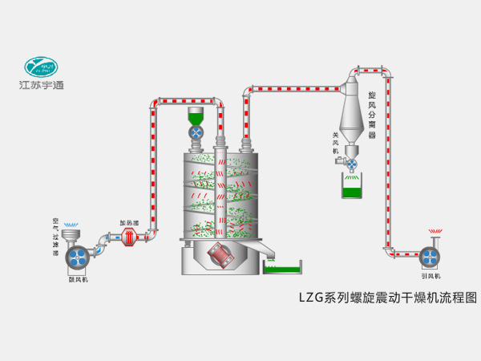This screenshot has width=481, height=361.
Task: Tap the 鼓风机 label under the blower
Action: tap(79, 280)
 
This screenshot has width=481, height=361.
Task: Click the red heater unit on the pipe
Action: tap(130, 236)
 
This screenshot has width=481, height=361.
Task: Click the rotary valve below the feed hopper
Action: tap(197, 133)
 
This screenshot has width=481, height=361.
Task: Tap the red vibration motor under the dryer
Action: tap(220, 257)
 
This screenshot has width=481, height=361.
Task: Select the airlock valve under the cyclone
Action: tap(351, 164)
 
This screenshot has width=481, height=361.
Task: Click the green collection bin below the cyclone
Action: tap(350, 189)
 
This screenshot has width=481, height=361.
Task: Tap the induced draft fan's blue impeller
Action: tap(430, 257)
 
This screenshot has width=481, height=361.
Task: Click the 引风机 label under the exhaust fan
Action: tap(430, 278)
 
